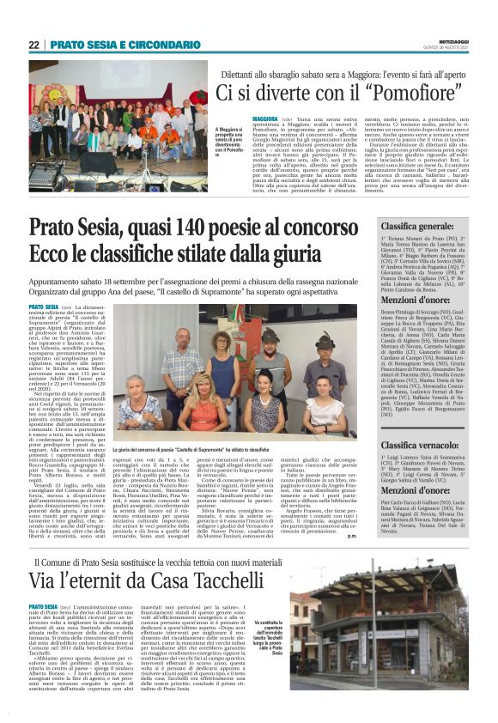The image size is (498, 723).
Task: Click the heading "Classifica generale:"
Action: coord(416,227)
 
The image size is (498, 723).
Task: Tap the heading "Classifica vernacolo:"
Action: coord(418,445)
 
